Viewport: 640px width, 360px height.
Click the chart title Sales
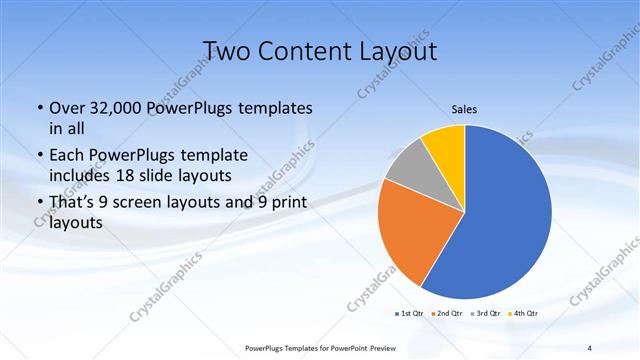coord(464,109)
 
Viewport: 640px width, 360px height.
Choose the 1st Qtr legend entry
coord(409,314)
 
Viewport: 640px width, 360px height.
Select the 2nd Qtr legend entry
coord(447,314)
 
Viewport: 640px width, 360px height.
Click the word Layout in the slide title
coord(398,50)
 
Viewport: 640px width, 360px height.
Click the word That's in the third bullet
coord(75,203)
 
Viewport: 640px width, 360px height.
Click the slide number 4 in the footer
coord(589,347)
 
